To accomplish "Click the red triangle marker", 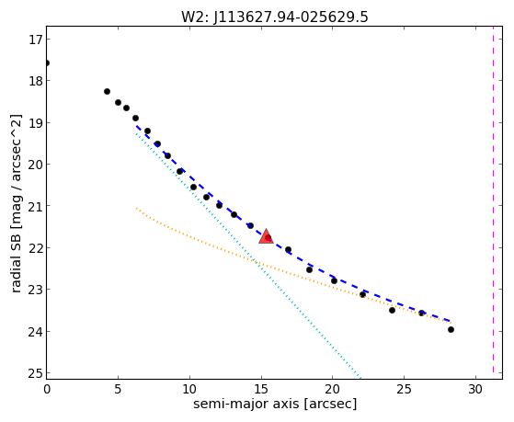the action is click(266, 236).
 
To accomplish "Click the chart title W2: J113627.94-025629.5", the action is click(275, 17).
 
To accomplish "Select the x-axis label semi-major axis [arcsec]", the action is click(275, 404).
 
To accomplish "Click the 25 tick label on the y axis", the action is click(35, 373).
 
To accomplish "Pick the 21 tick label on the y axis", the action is click(35, 206).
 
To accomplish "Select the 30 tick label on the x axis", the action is click(475, 389).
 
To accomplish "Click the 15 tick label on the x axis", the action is click(261, 389).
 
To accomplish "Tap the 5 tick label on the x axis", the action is click(118, 389).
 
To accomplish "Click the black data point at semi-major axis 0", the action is click(47, 63).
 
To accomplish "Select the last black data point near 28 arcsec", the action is click(451, 329).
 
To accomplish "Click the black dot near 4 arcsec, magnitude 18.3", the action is click(107, 92).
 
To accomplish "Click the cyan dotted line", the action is click(248, 257).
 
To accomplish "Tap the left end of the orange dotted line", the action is click(136, 208).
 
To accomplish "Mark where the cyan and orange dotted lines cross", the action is click(255, 262).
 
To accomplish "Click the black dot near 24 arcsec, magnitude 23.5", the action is click(392, 310).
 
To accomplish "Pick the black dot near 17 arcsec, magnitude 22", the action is click(288, 249).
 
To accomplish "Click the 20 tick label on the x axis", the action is click(332, 389).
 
